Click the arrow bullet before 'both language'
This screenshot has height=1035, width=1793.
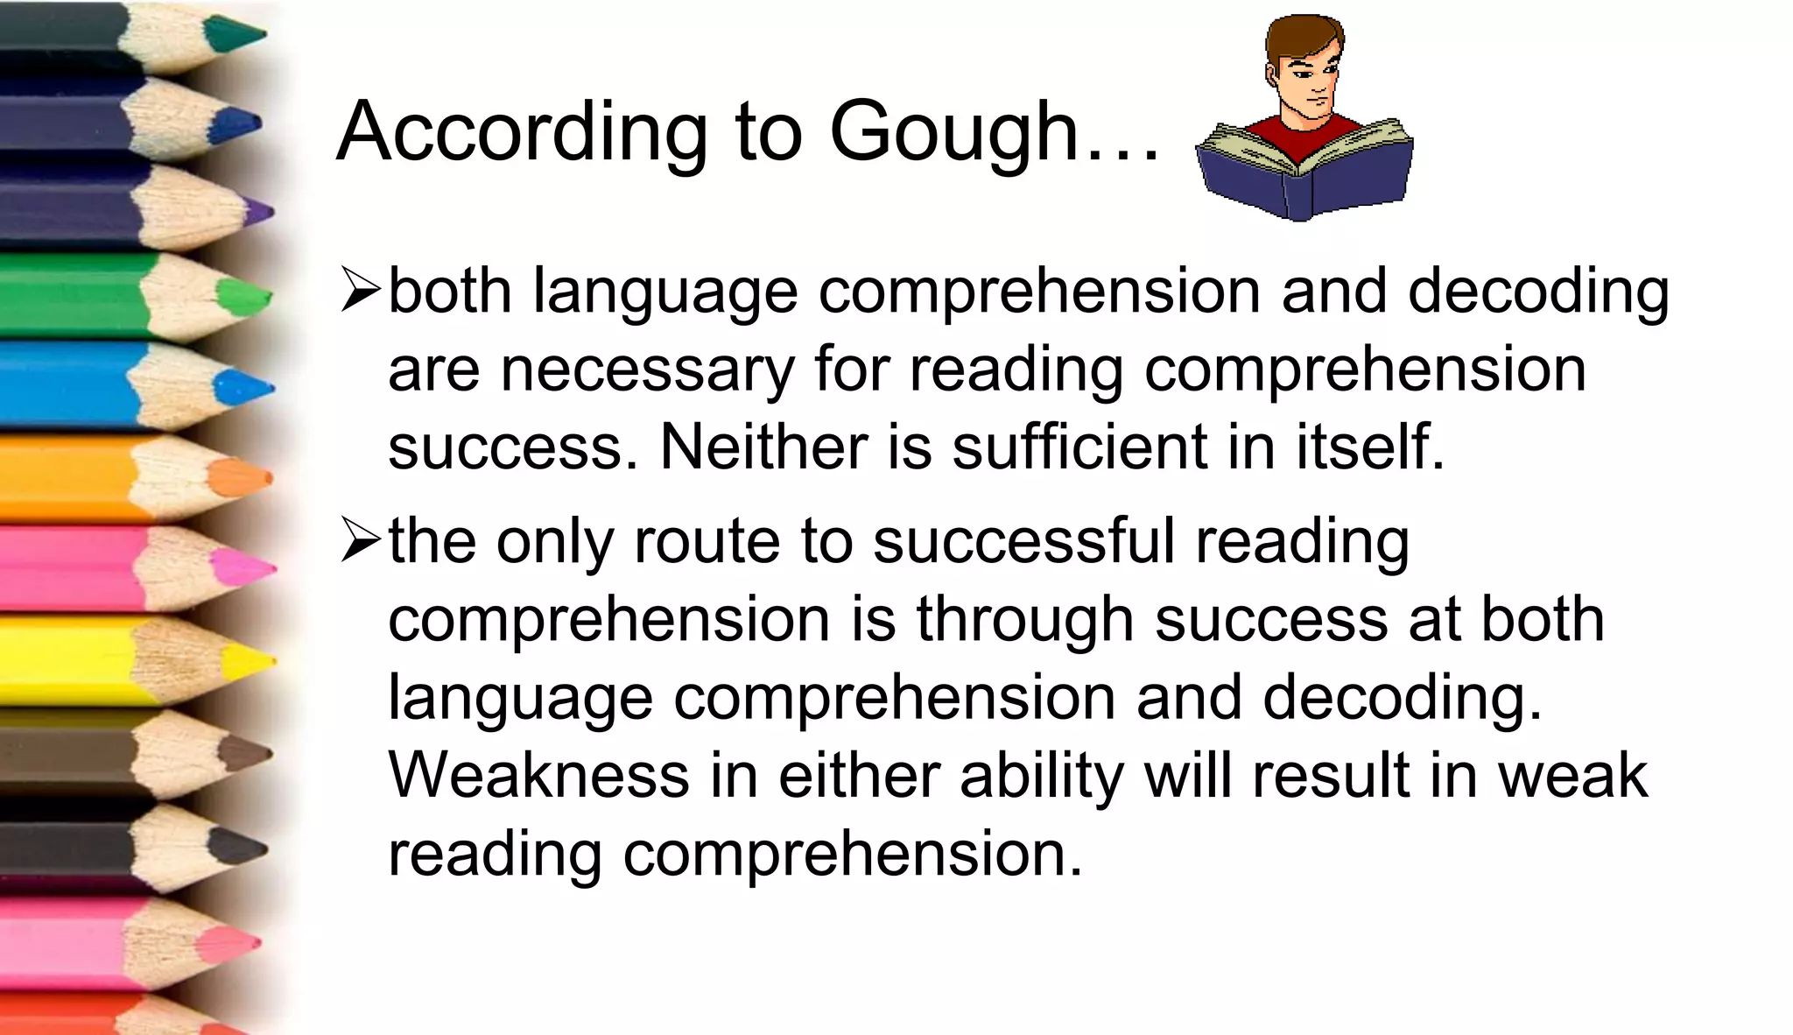361,291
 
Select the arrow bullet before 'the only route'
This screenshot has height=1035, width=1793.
361,541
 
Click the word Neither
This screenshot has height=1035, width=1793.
763,447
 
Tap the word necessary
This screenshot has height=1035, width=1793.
647,370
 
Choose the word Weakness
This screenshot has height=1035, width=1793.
538,775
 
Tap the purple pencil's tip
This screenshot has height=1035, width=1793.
259,211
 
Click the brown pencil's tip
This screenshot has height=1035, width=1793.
244,753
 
